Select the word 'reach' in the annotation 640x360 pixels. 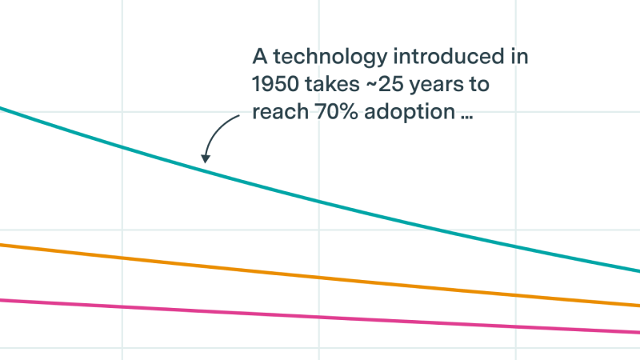click(278, 112)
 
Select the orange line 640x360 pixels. click(320, 278)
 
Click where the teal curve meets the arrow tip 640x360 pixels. click(205, 165)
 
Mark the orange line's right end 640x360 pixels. click(637, 305)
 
